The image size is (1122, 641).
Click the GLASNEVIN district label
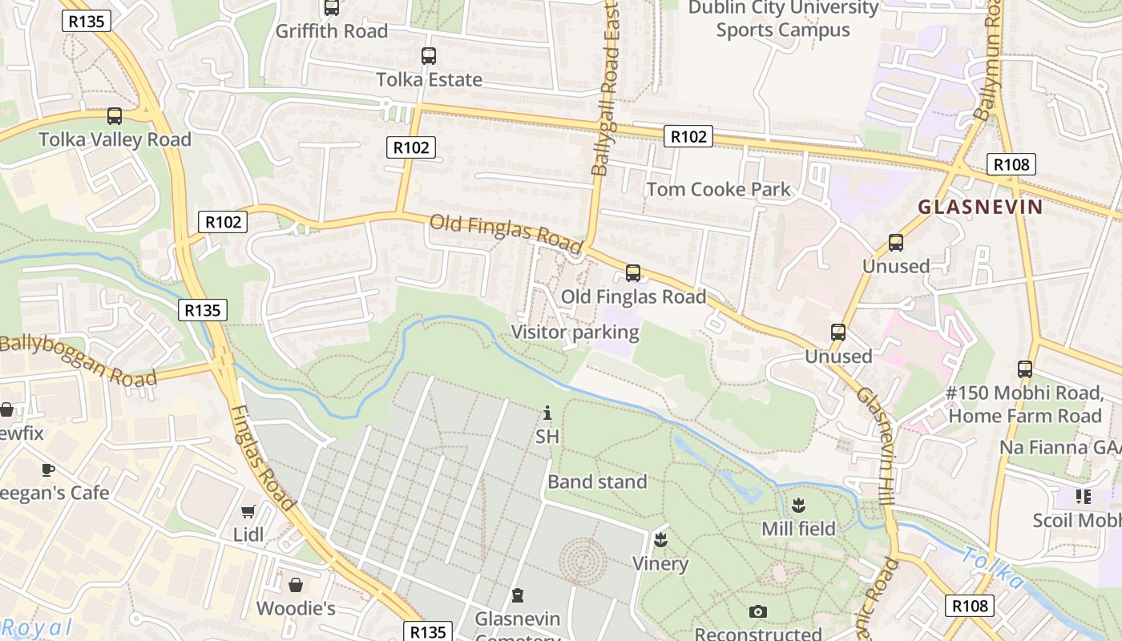coord(980,207)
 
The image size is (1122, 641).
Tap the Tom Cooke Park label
coord(718,190)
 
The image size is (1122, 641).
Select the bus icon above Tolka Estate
coord(429,56)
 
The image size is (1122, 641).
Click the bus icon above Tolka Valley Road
coord(115,116)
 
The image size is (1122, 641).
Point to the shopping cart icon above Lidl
coord(248,511)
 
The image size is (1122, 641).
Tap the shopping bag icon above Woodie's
coord(296,585)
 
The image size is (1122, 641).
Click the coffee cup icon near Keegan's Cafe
coord(48,470)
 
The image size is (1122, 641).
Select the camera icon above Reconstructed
coord(758,612)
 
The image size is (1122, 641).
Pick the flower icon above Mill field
coord(798,506)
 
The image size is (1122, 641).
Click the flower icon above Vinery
coord(660,539)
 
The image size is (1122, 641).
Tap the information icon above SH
coord(547,413)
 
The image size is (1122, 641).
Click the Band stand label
coord(597,482)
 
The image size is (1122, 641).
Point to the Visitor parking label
coord(575,332)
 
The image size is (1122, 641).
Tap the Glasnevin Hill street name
coord(885,436)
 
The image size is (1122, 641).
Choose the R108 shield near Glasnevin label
coord(1011,164)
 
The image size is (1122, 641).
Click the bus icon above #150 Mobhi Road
coord(1025,369)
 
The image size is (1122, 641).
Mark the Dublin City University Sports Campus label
coord(783,19)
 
